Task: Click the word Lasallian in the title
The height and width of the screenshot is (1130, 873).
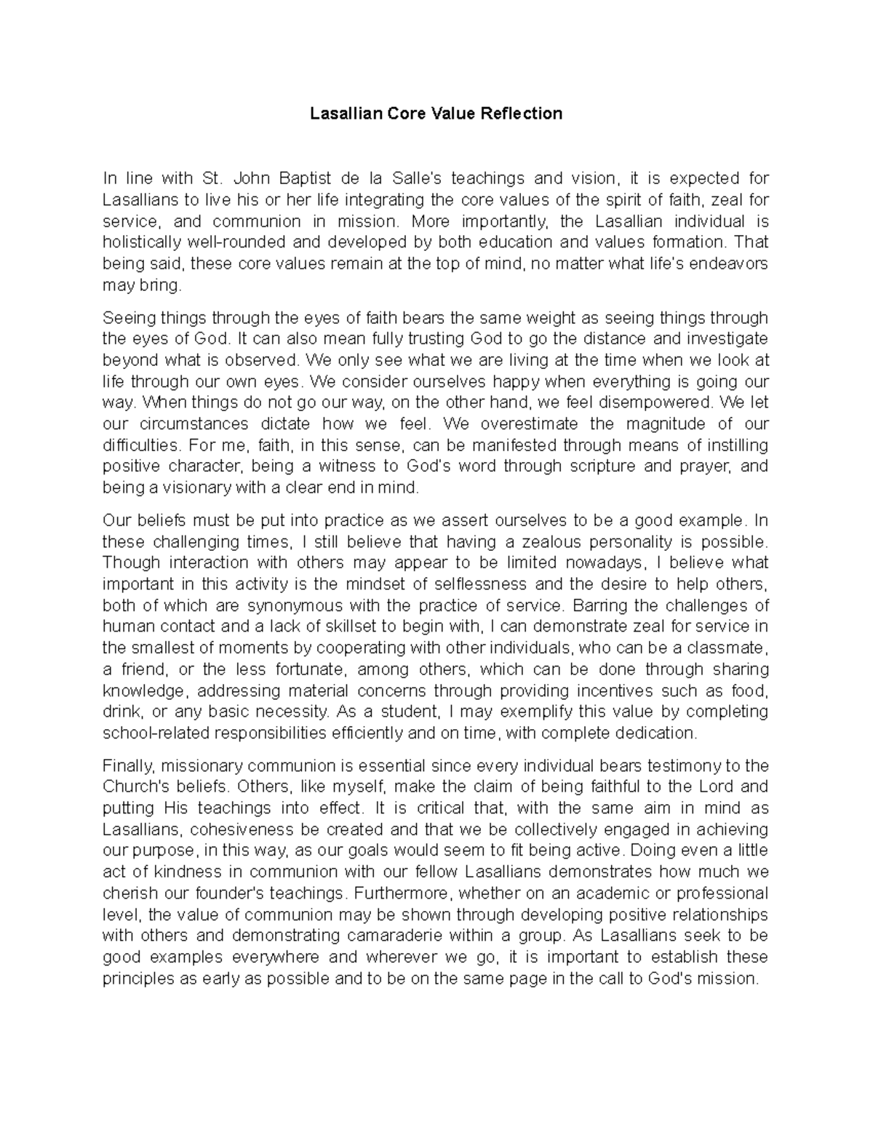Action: (x=344, y=114)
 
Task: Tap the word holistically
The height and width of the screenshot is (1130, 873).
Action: (x=142, y=243)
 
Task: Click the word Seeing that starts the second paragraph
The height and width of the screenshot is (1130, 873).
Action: (x=128, y=318)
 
